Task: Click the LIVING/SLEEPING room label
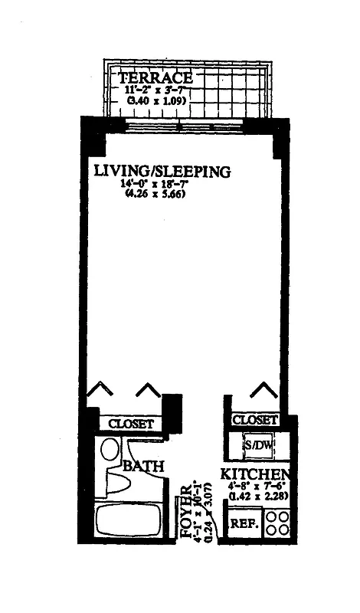click(162, 172)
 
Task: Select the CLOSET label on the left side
click(131, 424)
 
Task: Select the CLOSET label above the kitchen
click(254, 420)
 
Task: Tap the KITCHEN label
click(255, 474)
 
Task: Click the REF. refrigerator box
click(244, 526)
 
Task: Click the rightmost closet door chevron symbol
click(263, 390)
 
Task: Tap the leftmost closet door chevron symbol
click(98, 391)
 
